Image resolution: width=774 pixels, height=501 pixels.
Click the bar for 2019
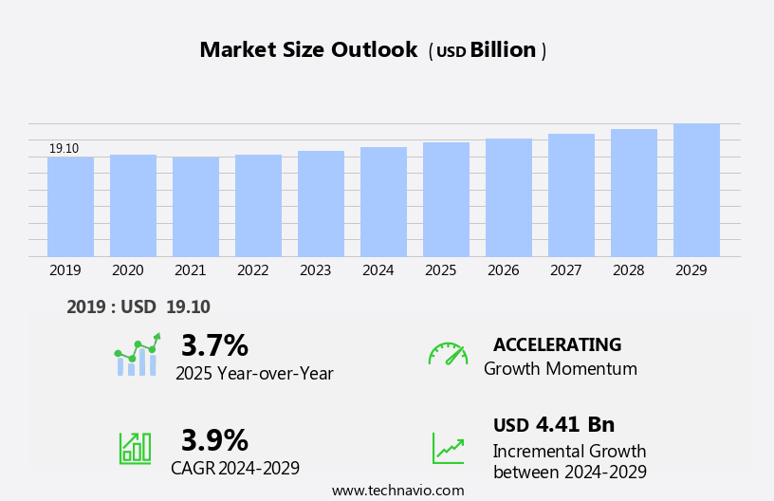pos(70,207)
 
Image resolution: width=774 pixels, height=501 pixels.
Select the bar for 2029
pos(696,190)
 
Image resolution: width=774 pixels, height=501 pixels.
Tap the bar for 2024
pos(383,202)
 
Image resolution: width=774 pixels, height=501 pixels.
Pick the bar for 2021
pos(195,207)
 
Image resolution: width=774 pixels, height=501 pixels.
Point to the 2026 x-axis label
pos(503,270)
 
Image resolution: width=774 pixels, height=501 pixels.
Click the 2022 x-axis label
pos(252,270)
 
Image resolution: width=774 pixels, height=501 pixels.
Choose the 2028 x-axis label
pos(628,270)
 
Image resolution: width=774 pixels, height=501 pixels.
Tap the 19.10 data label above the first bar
pos(64,149)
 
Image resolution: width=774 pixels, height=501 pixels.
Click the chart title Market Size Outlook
pos(308,50)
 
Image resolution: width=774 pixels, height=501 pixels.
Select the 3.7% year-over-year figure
pos(214,345)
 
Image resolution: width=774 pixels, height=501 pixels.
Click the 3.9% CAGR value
pos(214,440)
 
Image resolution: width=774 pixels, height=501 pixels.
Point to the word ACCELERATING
pos(557,345)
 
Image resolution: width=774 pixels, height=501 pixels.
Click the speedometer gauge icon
pos(448,354)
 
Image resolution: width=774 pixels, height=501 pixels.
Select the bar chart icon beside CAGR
pos(135,447)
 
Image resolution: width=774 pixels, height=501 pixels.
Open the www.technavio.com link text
pos(397,491)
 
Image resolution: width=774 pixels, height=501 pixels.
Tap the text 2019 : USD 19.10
pos(138,307)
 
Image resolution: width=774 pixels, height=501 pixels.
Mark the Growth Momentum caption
pos(560,369)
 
